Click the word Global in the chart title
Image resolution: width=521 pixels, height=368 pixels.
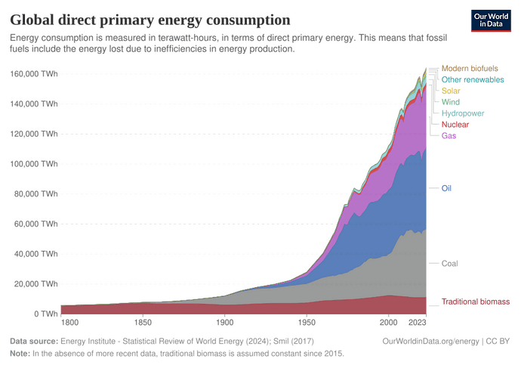click(31, 17)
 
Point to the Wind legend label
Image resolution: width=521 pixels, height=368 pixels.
click(451, 102)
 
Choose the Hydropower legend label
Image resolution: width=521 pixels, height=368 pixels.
click(462, 113)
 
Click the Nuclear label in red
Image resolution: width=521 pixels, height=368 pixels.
click(455, 125)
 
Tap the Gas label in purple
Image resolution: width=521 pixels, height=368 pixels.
click(449, 136)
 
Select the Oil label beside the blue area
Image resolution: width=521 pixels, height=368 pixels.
click(446, 187)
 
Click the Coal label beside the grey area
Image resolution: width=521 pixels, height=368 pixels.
click(450, 264)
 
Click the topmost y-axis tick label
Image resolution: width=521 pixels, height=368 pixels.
click(34, 73)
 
